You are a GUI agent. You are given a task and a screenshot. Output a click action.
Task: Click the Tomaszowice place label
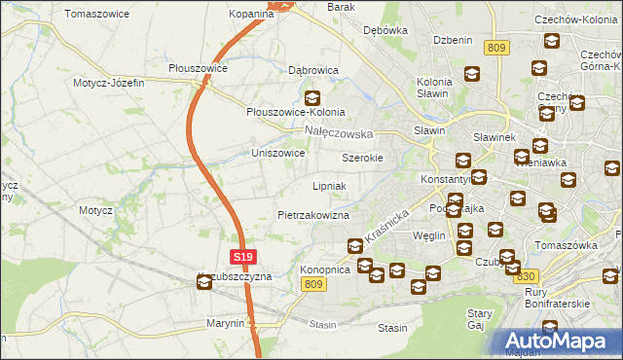[97, 15]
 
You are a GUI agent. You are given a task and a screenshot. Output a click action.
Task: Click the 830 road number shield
[526, 276]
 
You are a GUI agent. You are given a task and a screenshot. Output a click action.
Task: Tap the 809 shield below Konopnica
[312, 284]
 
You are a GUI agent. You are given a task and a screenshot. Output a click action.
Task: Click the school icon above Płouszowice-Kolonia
[312, 97]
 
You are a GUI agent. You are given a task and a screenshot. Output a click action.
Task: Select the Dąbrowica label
[313, 71]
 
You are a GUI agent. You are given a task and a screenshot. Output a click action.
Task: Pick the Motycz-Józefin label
[109, 83]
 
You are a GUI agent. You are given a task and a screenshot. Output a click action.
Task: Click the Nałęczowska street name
[339, 132]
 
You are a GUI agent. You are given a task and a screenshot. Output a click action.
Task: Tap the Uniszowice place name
[278, 154]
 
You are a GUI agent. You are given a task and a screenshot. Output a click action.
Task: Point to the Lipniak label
[330, 185]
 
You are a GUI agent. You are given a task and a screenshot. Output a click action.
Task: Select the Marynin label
[224, 323]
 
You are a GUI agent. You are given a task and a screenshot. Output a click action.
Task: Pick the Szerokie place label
[362, 158]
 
